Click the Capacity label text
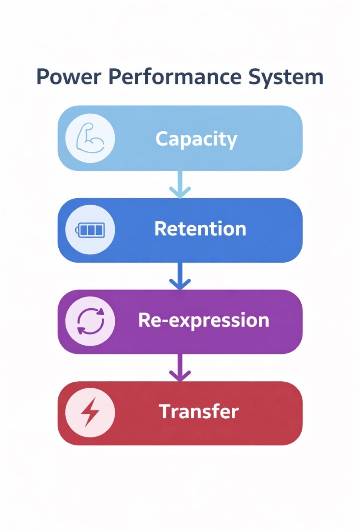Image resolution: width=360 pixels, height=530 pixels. pos(196,139)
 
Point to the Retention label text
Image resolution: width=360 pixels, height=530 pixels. pos(200,229)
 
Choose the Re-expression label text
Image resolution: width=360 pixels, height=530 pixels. pos(203,320)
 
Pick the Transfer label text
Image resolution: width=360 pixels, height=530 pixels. pos(199,412)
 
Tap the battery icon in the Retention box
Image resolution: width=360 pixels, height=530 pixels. pos(90,230)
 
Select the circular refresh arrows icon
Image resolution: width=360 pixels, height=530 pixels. pos(90,321)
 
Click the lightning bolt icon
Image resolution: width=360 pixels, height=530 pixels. pos(90,412)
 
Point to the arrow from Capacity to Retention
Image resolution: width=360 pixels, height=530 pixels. pos(180,184)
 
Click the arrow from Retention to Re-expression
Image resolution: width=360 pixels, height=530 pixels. pos(180,277)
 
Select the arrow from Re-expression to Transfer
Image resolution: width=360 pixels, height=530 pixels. pos(180,368)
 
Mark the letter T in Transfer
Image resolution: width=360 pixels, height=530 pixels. pos(164,412)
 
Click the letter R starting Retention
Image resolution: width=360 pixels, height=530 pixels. pos(160,229)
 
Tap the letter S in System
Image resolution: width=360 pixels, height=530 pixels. pos(256,77)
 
